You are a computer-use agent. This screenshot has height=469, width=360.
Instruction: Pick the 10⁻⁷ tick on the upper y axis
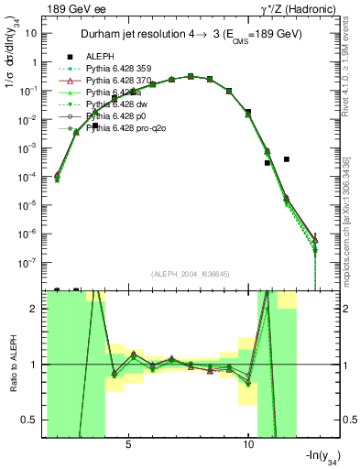point(31,262)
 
